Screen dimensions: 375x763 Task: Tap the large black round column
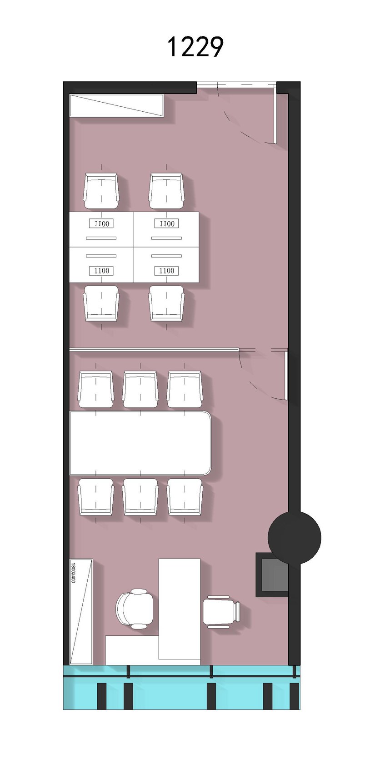point(294,538)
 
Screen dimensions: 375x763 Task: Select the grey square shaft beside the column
point(272,575)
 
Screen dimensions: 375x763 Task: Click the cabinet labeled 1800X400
point(81,611)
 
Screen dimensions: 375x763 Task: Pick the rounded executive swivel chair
point(135,609)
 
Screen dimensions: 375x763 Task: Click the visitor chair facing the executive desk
point(221,612)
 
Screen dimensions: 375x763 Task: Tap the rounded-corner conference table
point(140,443)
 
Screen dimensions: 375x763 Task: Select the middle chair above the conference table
point(140,389)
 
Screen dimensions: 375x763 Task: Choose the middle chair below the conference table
point(140,496)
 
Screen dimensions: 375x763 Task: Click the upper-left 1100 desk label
point(102,223)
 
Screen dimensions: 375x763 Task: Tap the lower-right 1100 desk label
point(167,271)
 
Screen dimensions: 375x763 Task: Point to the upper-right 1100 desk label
point(167,223)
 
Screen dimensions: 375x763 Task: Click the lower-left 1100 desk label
point(102,271)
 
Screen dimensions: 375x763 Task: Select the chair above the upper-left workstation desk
point(101,191)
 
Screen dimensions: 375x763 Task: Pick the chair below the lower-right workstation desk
point(166,303)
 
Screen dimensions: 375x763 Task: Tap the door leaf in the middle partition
point(286,375)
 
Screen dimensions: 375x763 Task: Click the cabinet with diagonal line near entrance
point(116,105)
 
